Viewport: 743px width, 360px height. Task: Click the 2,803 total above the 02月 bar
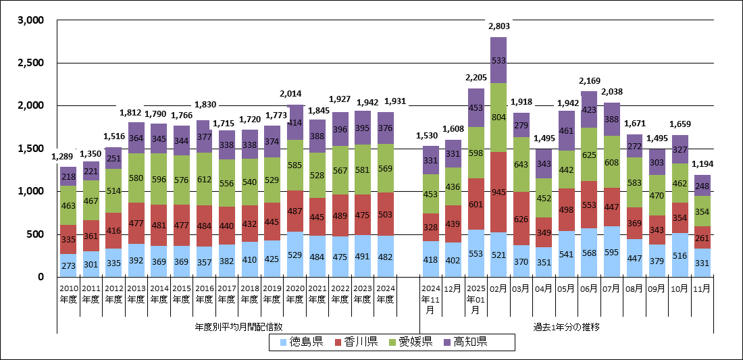[x=498, y=26]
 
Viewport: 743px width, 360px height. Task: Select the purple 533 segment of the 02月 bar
[x=498, y=60]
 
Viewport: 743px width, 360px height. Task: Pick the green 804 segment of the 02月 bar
[x=498, y=117]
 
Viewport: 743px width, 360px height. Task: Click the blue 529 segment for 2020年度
[x=295, y=254]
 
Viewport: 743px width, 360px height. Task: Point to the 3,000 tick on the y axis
[x=30, y=20]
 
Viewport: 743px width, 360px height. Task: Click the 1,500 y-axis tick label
[x=30, y=149]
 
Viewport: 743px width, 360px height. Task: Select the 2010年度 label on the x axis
[x=68, y=295]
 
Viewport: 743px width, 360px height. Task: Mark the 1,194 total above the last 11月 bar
[x=703, y=164]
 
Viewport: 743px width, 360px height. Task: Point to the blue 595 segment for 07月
[x=613, y=251]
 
